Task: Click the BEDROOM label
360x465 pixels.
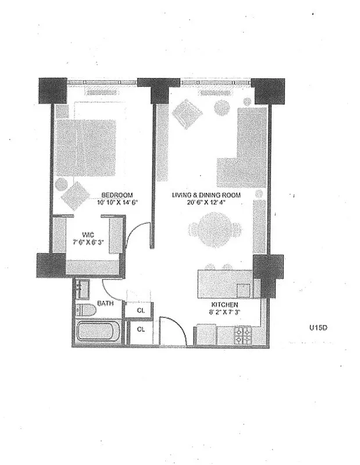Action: coord(117,195)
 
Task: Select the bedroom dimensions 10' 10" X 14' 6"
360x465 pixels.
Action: coord(117,203)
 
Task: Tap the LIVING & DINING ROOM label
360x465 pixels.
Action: coord(206,195)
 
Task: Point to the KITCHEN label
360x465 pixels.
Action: coord(224,304)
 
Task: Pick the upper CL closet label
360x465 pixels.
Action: coord(140,310)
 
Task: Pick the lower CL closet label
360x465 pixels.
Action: coord(140,330)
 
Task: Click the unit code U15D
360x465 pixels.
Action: coord(319,327)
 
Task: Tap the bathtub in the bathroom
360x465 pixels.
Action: coord(98,332)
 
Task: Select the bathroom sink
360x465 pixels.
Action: coord(82,288)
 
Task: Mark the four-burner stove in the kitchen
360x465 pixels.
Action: coord(242,335)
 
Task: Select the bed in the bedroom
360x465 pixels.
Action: coord(85,148)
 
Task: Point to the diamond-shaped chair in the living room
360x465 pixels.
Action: coord(187,113)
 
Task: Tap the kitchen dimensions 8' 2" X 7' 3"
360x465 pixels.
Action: coord(224,312)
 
